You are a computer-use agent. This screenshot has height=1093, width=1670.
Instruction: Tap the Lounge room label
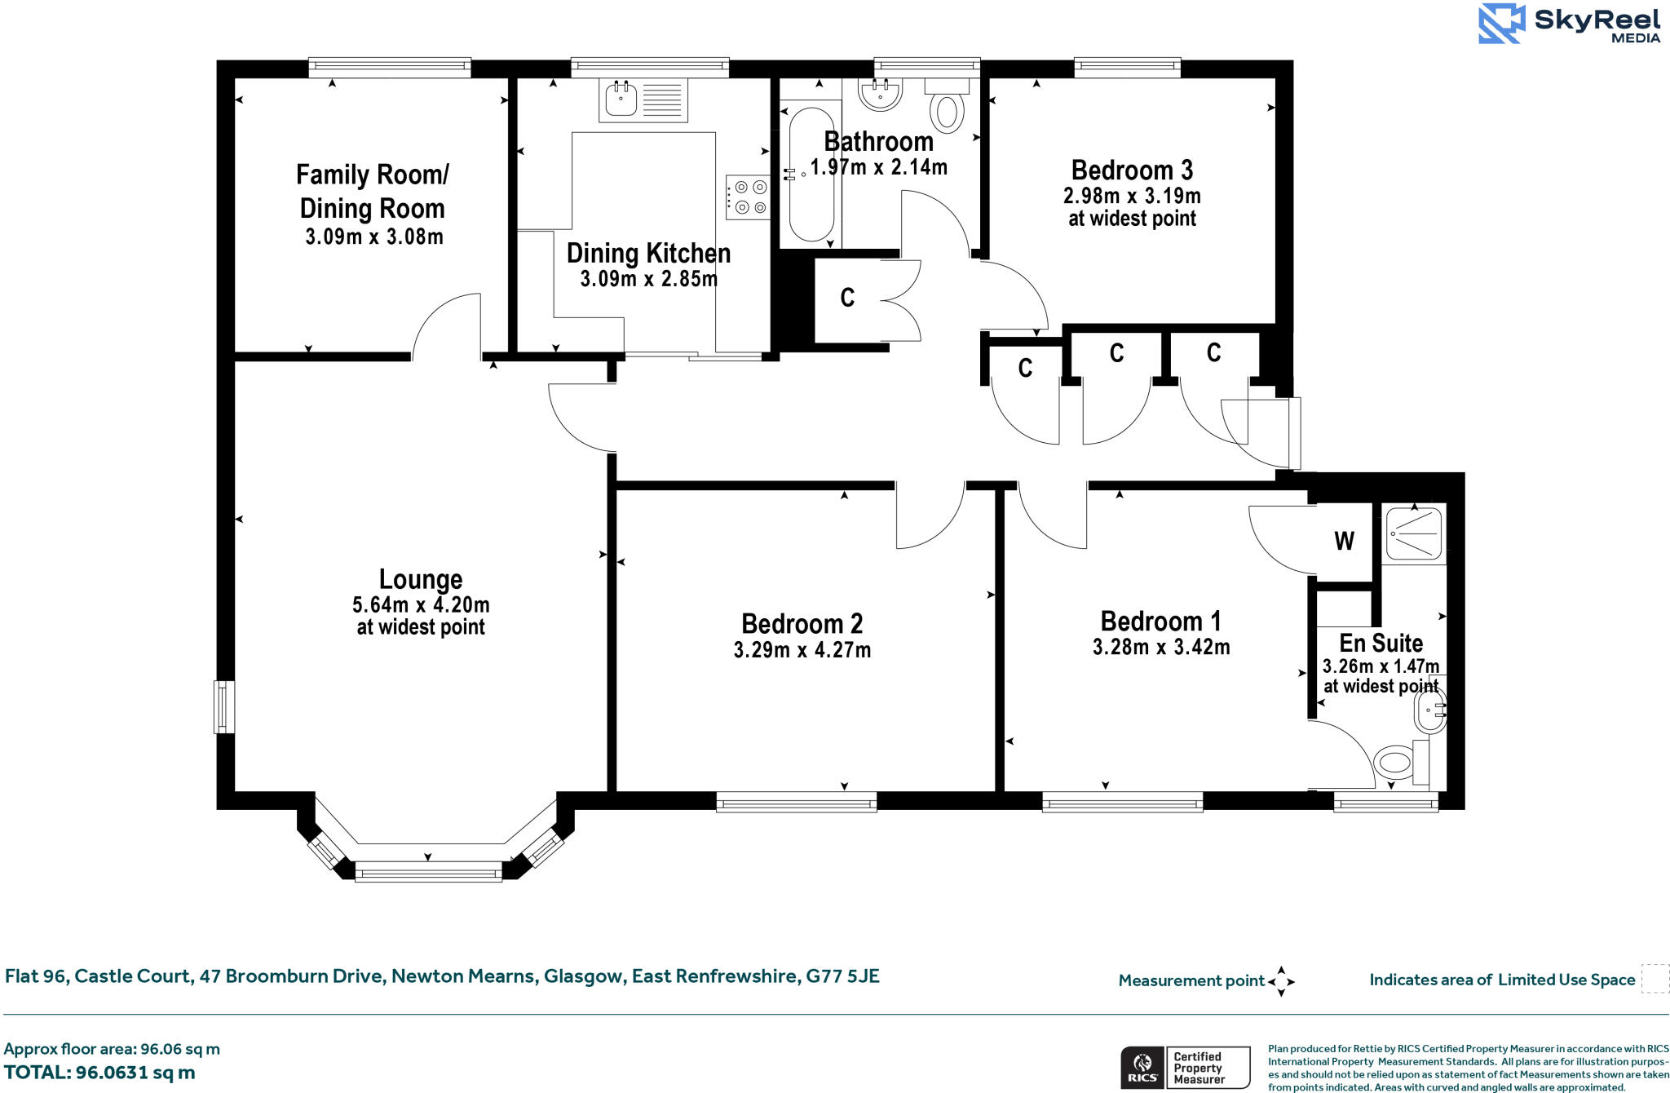click(421, 579)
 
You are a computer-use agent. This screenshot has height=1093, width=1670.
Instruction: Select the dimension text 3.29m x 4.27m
click(802, 650)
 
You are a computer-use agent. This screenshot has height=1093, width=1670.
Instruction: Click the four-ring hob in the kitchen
click(748, 197)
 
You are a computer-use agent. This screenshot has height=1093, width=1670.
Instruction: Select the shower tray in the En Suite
click(1414, 534)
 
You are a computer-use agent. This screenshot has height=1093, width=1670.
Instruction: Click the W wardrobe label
click(1344, 541)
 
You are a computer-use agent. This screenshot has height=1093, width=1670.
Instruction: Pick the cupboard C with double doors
click(848, 298)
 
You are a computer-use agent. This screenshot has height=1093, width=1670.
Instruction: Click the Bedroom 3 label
click(1132, 170)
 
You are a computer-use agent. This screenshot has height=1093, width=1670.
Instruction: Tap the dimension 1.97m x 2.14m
click(878, 167)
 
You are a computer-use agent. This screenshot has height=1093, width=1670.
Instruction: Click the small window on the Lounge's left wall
click(224, 706)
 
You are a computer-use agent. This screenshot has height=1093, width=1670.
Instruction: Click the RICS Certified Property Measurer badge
click(1185, 1067)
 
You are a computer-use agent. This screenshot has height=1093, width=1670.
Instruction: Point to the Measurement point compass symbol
click(1281, 981)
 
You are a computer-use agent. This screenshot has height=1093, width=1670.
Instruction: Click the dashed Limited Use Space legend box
click(1655, 979)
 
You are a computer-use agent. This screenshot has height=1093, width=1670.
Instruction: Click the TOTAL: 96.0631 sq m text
click(99, 1073)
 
